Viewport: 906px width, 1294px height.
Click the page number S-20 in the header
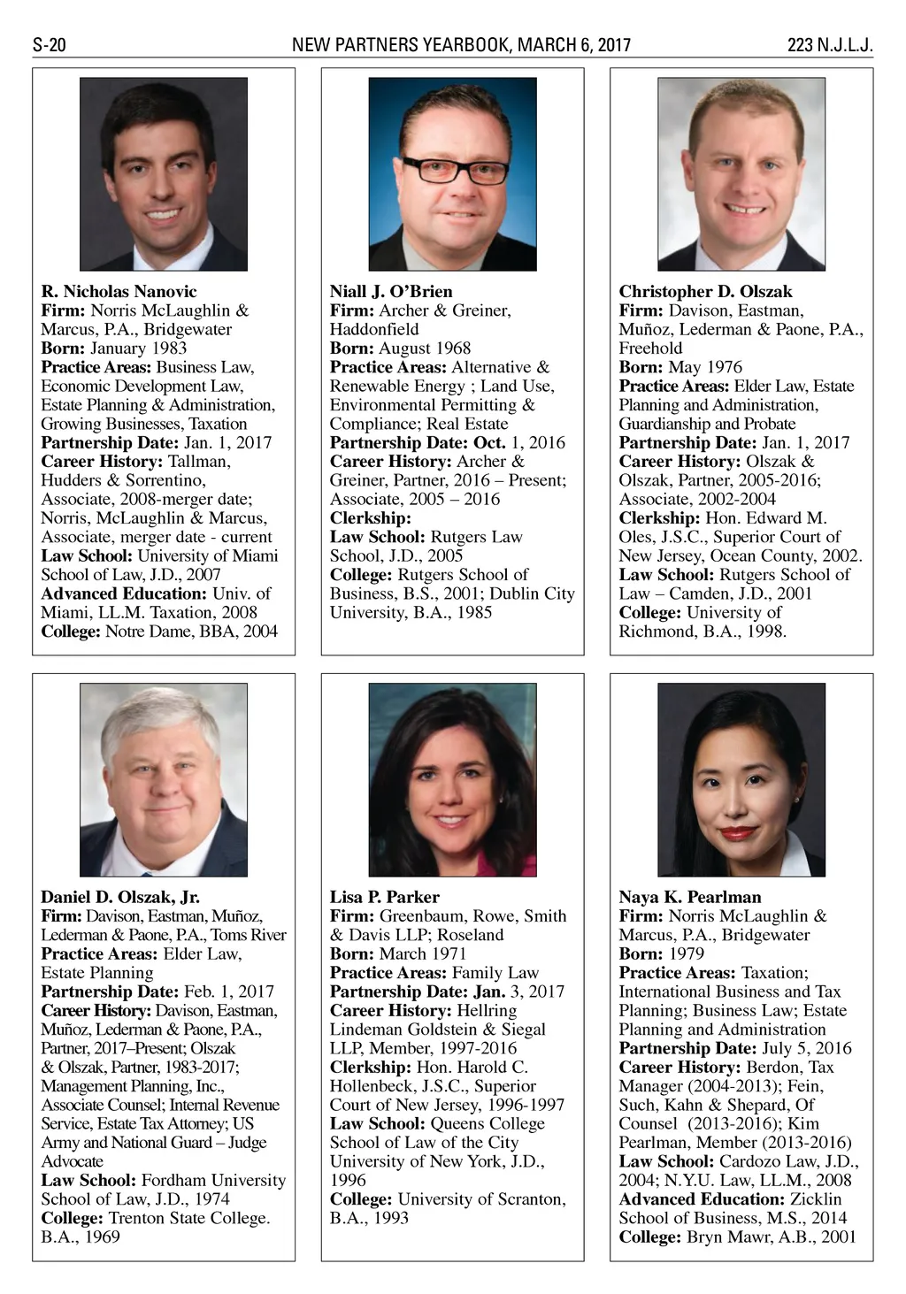(x=50, y=45)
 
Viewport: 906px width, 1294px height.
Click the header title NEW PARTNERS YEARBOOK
(x=401, y=45)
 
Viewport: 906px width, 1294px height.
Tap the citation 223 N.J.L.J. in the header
(x=829, y=45)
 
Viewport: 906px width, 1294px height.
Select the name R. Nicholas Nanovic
(x=119, y=292)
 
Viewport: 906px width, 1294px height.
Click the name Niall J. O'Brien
(x=391, y=292)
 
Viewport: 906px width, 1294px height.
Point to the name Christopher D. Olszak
(x=705, y=292)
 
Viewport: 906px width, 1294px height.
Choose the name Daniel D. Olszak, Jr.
(x=120, y=897)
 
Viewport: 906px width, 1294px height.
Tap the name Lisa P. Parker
(x=385, y=897)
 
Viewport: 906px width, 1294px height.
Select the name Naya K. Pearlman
(x=690, y=897)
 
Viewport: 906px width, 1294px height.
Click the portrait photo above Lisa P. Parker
(x=452, y=779)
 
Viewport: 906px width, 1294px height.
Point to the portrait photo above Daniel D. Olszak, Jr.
(x=164, y=779)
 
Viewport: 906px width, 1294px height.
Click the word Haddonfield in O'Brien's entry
(x=374, y=329)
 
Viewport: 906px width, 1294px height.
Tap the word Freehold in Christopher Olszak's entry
(x=650, y=348)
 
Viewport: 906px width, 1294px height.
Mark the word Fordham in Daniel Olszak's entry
(x=175, y=1180)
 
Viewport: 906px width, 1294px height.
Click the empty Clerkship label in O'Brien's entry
(x=371, y=518)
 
